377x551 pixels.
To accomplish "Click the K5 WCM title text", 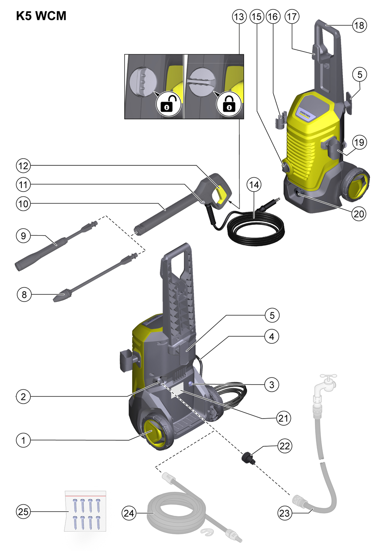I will pos(41,16).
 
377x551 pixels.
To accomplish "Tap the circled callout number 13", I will pos(239,17).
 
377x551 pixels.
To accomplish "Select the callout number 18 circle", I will pos(359,25).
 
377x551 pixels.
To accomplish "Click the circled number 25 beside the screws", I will pos(23,511).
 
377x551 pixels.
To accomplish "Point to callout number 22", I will pos(285,446).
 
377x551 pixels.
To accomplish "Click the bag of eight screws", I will pos(86,511).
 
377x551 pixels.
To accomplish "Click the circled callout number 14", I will pos(254,184).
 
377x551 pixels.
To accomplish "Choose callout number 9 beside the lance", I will pos(23,236).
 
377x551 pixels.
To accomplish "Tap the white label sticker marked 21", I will pos(177,391).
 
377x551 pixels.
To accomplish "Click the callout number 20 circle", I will pos(359,214).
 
